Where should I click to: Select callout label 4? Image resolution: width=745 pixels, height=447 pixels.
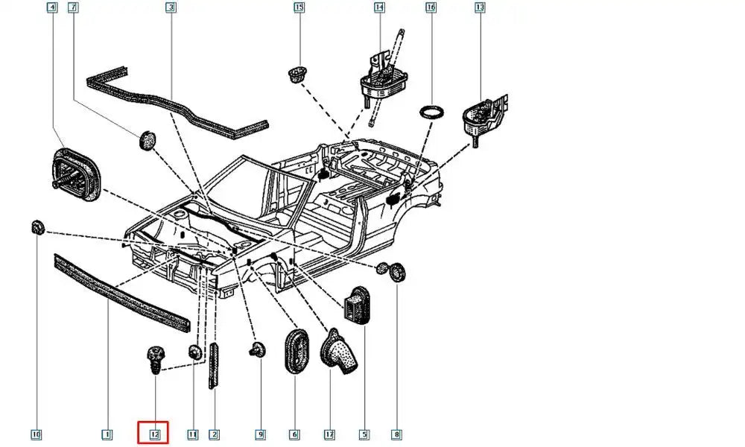click(x=51, y=8)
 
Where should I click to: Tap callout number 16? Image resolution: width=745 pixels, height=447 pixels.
click(x=431, y=8)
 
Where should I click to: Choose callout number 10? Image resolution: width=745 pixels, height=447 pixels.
click(x=36, y=434)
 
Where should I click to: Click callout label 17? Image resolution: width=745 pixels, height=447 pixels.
click(x=329, y=434)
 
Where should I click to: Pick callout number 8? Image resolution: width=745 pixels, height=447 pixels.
click(x=396, y=434)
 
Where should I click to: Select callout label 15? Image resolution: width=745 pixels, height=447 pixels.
click(x=299, y=8)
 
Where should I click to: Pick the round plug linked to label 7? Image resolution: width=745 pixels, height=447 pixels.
click(x=148, y=139)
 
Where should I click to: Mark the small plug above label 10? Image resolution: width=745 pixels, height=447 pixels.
click(x=36, y=226)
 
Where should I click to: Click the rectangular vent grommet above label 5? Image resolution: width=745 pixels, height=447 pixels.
click(x=356, y=303)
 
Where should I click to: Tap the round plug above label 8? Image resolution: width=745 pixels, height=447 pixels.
click(x=398, y=272)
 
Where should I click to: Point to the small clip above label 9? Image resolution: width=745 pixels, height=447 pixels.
click(x=258, y=350)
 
